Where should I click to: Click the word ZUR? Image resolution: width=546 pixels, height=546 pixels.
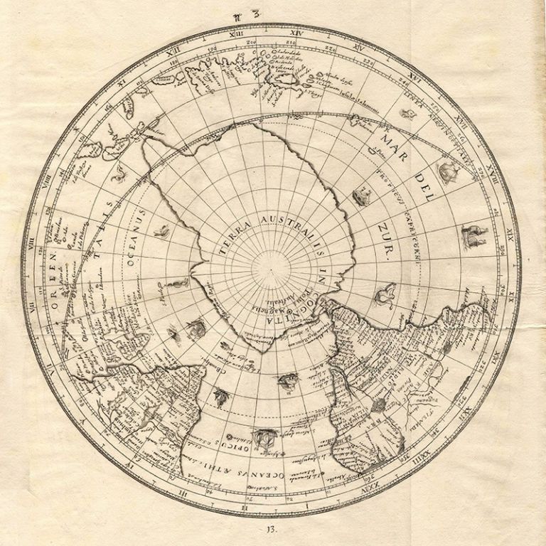coord(387,250)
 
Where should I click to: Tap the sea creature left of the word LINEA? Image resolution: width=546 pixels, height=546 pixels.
coord(407,112)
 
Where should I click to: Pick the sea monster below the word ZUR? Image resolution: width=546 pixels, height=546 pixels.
coord(385,291)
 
